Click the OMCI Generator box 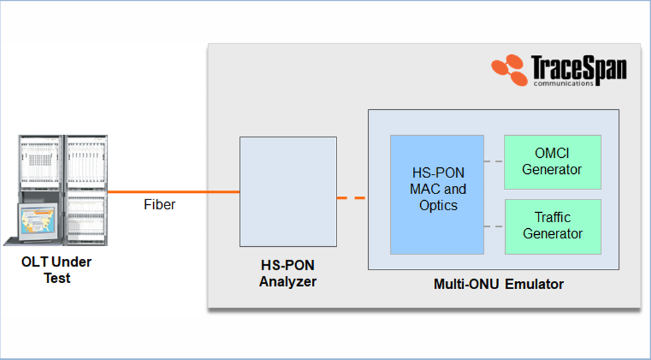click(x=552, y=162)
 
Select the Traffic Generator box click(x=552, y=226)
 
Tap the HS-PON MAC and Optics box click(x=437, y=194)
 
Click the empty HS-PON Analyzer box click(x=288, y=191)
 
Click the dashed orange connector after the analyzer click(x=351, y=197)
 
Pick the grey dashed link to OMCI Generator click(x=494, y=162)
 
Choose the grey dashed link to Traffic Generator click(x=494, y=226)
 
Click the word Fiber click(x=159, y=205)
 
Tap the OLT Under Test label click(x=56, y=270)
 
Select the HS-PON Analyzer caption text click(x=288, y=274)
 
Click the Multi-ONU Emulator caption click(x=498, y=284)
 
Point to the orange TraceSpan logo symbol click(x=510, y=68)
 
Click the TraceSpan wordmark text click(x=579, y=68)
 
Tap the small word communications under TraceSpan click(x=563, y=84)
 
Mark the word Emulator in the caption click(x=535, y=284)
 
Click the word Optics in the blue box click(x=438, y=206)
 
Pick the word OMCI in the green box click(x=552, y=154)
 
